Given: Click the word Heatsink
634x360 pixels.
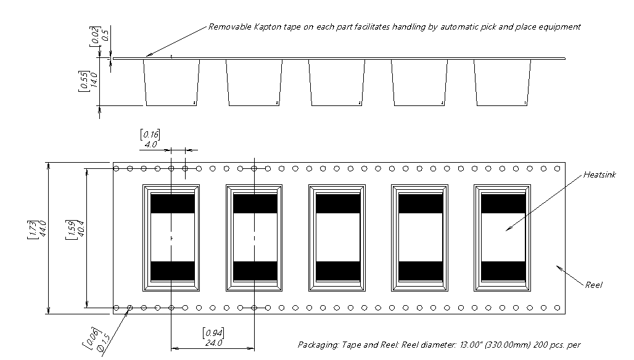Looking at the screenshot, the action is point(599,175).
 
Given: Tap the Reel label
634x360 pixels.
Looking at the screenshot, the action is point(593,285).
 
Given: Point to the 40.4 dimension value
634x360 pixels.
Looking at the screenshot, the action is point(80,228).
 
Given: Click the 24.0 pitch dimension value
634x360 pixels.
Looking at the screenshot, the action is point(213,343).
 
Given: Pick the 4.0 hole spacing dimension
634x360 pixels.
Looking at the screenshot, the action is point(150,144).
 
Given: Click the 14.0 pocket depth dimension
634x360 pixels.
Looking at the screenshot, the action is point(94,80).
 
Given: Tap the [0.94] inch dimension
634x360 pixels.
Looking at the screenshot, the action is point(213,333).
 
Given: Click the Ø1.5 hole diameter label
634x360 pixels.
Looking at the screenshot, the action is point(104,343).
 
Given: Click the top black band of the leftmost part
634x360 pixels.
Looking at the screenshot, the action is point(173,203).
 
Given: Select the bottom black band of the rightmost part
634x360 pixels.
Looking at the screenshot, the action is point(503,271).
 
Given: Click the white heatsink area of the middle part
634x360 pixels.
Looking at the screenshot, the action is point(337,237).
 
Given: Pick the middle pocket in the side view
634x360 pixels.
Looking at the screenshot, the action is point(337,83).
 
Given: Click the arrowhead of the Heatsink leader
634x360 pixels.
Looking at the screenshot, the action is point(508,229).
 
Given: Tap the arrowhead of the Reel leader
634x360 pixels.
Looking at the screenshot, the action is point(559,268).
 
